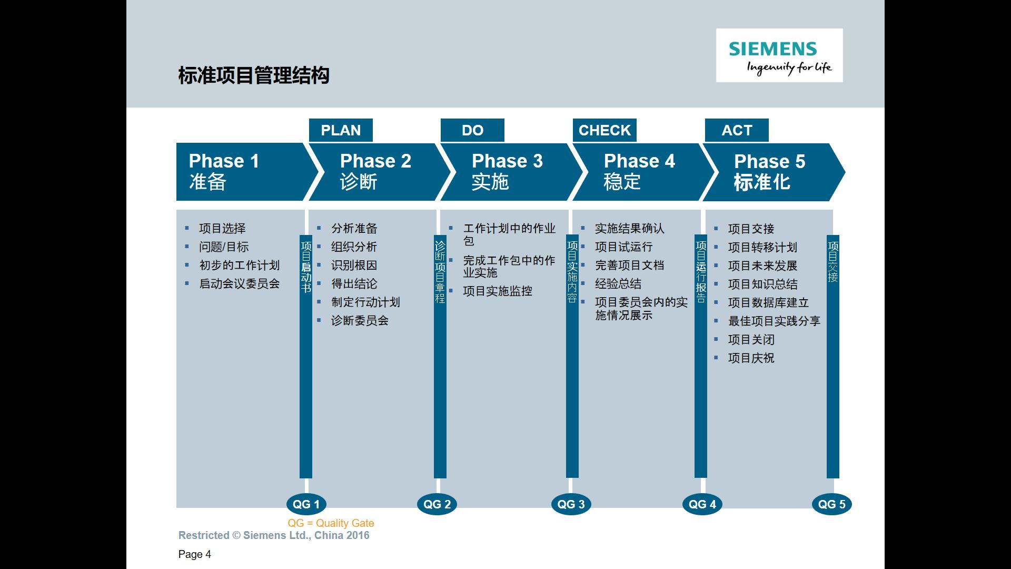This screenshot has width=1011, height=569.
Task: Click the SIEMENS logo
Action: coord(779,55)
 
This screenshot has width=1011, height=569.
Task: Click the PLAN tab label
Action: coord(341,130)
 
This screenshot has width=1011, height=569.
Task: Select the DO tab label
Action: coord(472,130)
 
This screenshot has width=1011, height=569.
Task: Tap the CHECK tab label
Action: coord(604,130)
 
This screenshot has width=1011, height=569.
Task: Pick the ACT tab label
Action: coord(737,130)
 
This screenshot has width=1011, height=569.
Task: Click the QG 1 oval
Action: coord(306,504)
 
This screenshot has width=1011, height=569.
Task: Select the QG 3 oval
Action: coord(571,504)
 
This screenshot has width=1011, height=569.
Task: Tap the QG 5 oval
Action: coord(831,504)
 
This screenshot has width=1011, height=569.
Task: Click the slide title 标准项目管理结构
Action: coord(254,75)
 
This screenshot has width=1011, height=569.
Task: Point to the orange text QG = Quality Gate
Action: coord(331,523)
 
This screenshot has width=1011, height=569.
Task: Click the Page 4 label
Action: coord(195,554)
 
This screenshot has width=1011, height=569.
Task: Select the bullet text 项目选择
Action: coord(222,229)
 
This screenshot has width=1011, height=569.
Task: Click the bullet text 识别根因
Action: coord(354,266)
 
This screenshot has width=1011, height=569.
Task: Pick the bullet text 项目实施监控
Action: coord(498,291)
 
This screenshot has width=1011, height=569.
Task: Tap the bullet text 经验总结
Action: coord(618,284)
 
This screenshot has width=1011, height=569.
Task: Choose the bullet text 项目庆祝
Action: coord(751,358)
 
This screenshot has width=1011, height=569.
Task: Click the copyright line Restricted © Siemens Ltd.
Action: coord(274,535)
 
